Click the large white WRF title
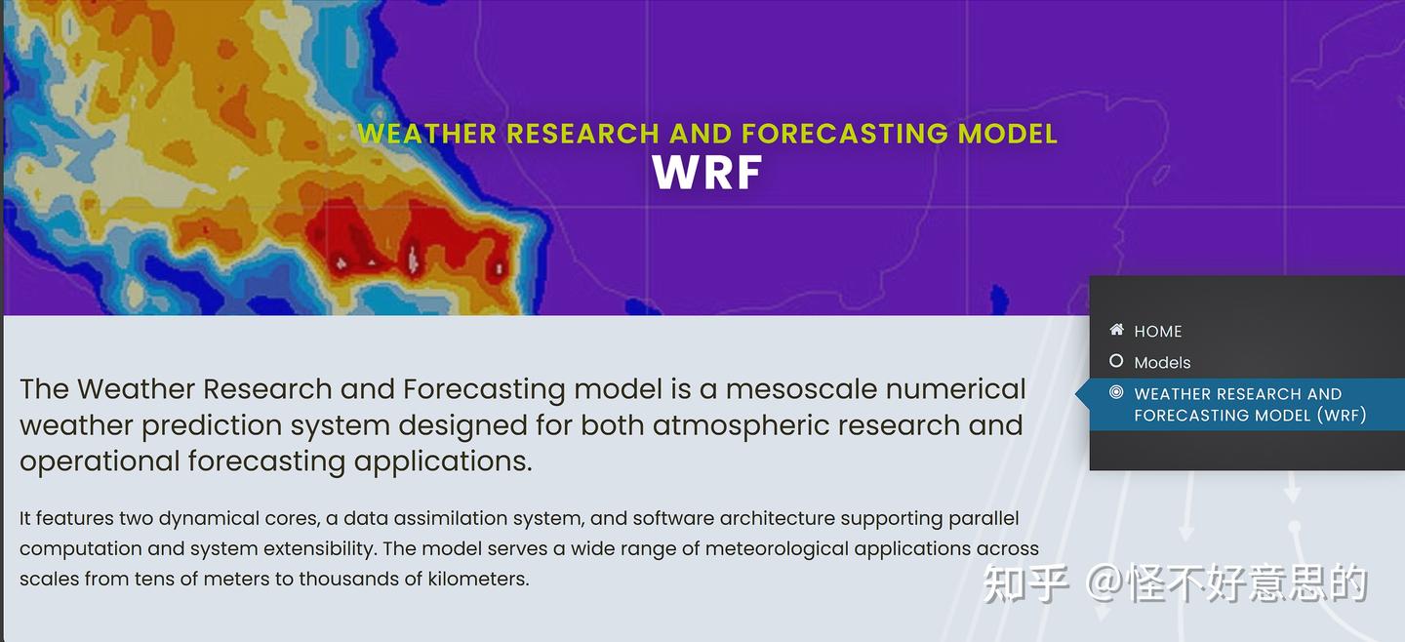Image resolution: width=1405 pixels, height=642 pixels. (706, 173)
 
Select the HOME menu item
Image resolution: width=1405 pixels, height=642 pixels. (1157, 331)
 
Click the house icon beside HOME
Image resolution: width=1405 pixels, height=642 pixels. (1116, 330)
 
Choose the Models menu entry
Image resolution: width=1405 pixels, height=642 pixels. (1162, 362)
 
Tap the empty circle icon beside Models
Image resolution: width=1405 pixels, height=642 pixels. (1116, 361)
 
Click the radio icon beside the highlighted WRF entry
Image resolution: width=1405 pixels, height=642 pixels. (1116, 392)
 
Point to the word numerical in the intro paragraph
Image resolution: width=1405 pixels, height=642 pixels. (956, 388)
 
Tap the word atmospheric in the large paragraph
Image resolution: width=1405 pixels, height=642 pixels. (742, 425)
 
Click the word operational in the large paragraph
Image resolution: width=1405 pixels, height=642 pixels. (100, 461)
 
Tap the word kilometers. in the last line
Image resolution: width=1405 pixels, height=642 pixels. (478, 578)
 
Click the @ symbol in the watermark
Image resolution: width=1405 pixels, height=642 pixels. (1104, 583)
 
